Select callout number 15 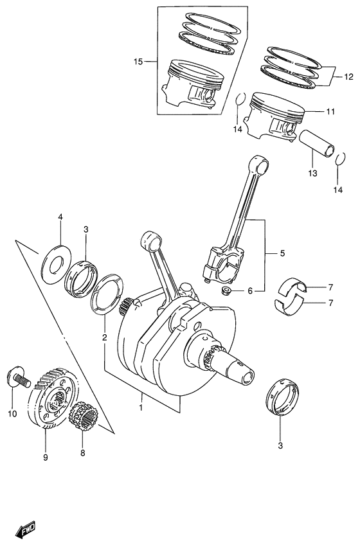138,62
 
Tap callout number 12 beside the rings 348,76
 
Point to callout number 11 330,111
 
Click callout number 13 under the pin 312,173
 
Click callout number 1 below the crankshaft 141,407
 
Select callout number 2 104,337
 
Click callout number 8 83,452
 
